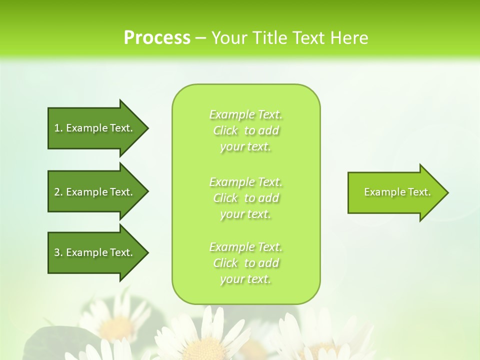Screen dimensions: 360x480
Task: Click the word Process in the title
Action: click(157, 37)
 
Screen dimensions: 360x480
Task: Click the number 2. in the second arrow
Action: click(58, 192)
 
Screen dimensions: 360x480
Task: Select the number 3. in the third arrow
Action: click(58, 252)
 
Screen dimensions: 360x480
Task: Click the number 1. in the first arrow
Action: click(58, 128)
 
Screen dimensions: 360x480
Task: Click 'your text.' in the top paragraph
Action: click(245, 147)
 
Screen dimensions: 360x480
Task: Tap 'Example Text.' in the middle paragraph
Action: click(245, 181)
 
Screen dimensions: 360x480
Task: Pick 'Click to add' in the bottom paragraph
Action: click(245, 263)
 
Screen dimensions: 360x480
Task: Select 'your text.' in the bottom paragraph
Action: click(245, 279)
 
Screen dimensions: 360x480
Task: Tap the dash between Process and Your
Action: click(200, 38)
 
